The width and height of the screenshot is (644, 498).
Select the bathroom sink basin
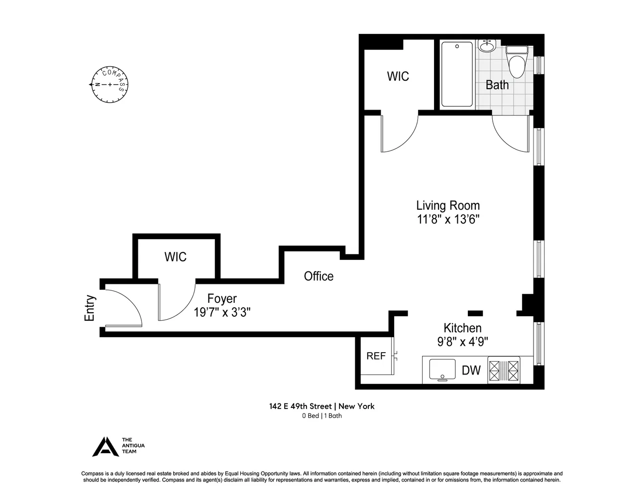pyautogui.click(x=486, y=47)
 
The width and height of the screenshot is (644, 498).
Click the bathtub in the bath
pyautogui.click(x=456, y=74)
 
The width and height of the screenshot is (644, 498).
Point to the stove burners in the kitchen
pyautogui.click(x=504, y=371)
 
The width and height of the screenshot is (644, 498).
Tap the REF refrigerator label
pyautogui.click(x=376, y=356)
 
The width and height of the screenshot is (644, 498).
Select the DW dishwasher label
pyautogui.click(x=471, y=371)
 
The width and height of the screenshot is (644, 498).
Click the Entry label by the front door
pyautogui.click(x=90, y=308)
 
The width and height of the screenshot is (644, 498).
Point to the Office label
pyautogui.click(x=319, y=276)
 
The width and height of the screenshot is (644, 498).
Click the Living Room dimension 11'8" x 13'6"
pyautogui.click(x=448, y=220)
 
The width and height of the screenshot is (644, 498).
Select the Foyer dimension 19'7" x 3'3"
pyautogui.click(x=222, y=313)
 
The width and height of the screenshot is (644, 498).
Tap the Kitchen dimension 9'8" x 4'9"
pyautogui.click(x=462, y=342)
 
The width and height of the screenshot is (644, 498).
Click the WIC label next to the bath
pyautogui.click(x=398, y=76)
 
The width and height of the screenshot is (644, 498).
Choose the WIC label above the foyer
pyautogui.click(x=176, y=257)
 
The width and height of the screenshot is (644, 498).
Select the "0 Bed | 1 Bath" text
pyautogui.click(x=322, y=416)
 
